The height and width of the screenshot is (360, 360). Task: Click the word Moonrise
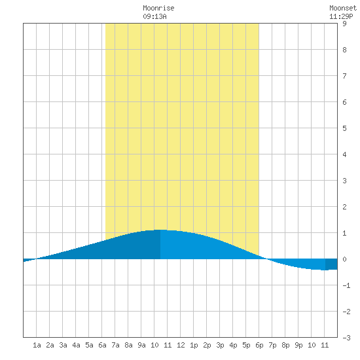[158, 8]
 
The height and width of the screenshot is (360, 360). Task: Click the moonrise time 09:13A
[154, 16]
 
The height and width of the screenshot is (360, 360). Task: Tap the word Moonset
[343, 8]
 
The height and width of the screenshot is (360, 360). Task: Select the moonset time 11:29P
[341, 16]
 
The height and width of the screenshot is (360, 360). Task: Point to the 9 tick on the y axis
[344, 24]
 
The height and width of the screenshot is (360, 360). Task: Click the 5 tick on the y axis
[344, 128]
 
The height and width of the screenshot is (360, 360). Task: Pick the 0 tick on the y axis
[344, 259]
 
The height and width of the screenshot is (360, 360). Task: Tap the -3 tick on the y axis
[346, 338]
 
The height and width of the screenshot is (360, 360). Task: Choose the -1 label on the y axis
[346, 285]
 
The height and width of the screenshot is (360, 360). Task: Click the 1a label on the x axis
[37, 345]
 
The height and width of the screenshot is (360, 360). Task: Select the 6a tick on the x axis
[102, 345]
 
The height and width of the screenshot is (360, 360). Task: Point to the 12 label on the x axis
[181, 345]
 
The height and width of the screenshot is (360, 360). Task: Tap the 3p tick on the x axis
[220, 345]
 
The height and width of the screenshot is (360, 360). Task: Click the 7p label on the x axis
[272, 345]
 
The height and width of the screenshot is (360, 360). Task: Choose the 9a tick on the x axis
[141, 345]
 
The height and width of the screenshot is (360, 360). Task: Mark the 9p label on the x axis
[298, 345]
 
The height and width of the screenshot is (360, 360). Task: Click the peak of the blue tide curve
[160, 230]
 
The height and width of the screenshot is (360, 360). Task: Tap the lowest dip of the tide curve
[325, 270]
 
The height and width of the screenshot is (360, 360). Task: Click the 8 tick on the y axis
[344, 50]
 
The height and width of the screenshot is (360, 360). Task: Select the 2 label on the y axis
[344, 207]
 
